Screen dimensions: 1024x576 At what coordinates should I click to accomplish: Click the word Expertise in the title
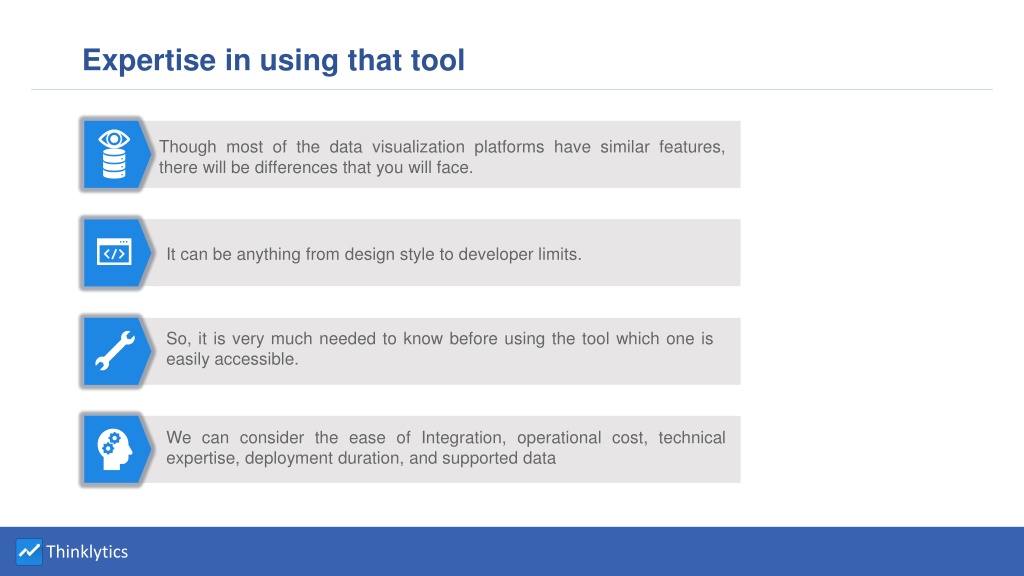[149, 61]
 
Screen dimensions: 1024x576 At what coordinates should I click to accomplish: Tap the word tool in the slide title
[438, 60]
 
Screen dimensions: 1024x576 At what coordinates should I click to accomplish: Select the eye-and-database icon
[114, 154]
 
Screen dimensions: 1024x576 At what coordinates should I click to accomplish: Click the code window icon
[114, 251]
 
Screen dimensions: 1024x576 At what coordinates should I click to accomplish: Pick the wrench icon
[115, 351]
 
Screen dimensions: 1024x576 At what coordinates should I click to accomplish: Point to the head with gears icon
[115, 449]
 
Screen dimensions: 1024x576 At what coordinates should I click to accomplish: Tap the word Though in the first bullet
[187, 147]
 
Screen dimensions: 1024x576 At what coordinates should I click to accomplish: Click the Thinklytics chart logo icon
[29, 552]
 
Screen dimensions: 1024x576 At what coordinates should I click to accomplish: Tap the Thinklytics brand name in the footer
[87, 552]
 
